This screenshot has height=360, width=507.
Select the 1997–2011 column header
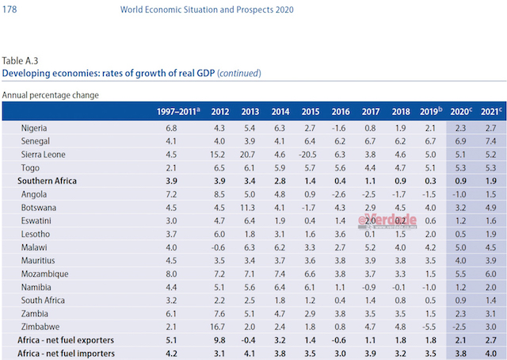coord(177,112)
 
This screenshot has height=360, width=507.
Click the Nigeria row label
coord(36,127)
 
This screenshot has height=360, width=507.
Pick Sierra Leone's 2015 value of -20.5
coord(311,154)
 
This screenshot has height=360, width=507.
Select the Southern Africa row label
coord(48,181)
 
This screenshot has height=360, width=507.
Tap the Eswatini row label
coord(38,220)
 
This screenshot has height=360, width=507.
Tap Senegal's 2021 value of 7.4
coord(490,140)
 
